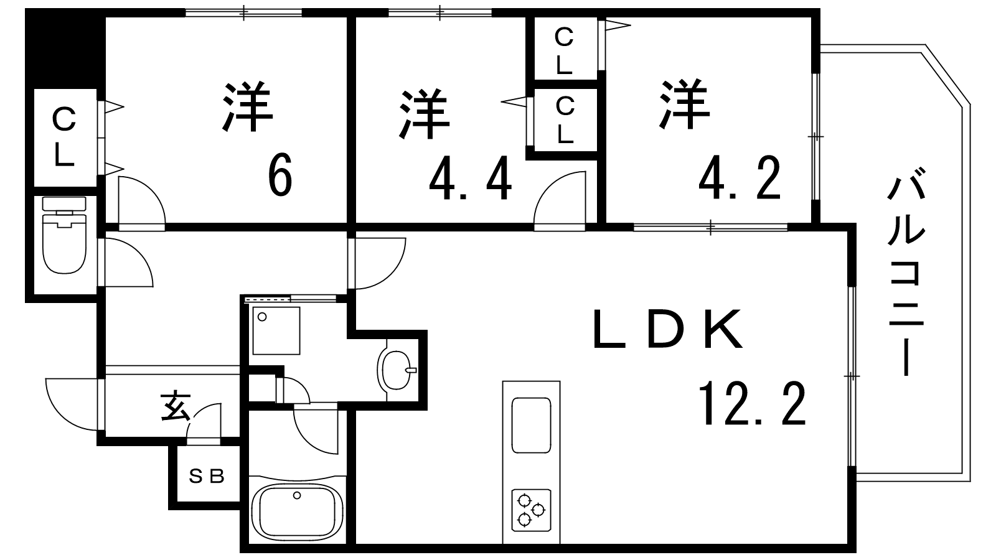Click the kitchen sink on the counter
(531, 426)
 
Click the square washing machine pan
(276, 330)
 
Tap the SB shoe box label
(206, 477)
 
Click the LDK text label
(668, 330)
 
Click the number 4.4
(471, 179)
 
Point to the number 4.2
(740, 179)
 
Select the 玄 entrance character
(176, 407)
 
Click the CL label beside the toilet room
(63, 137)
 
